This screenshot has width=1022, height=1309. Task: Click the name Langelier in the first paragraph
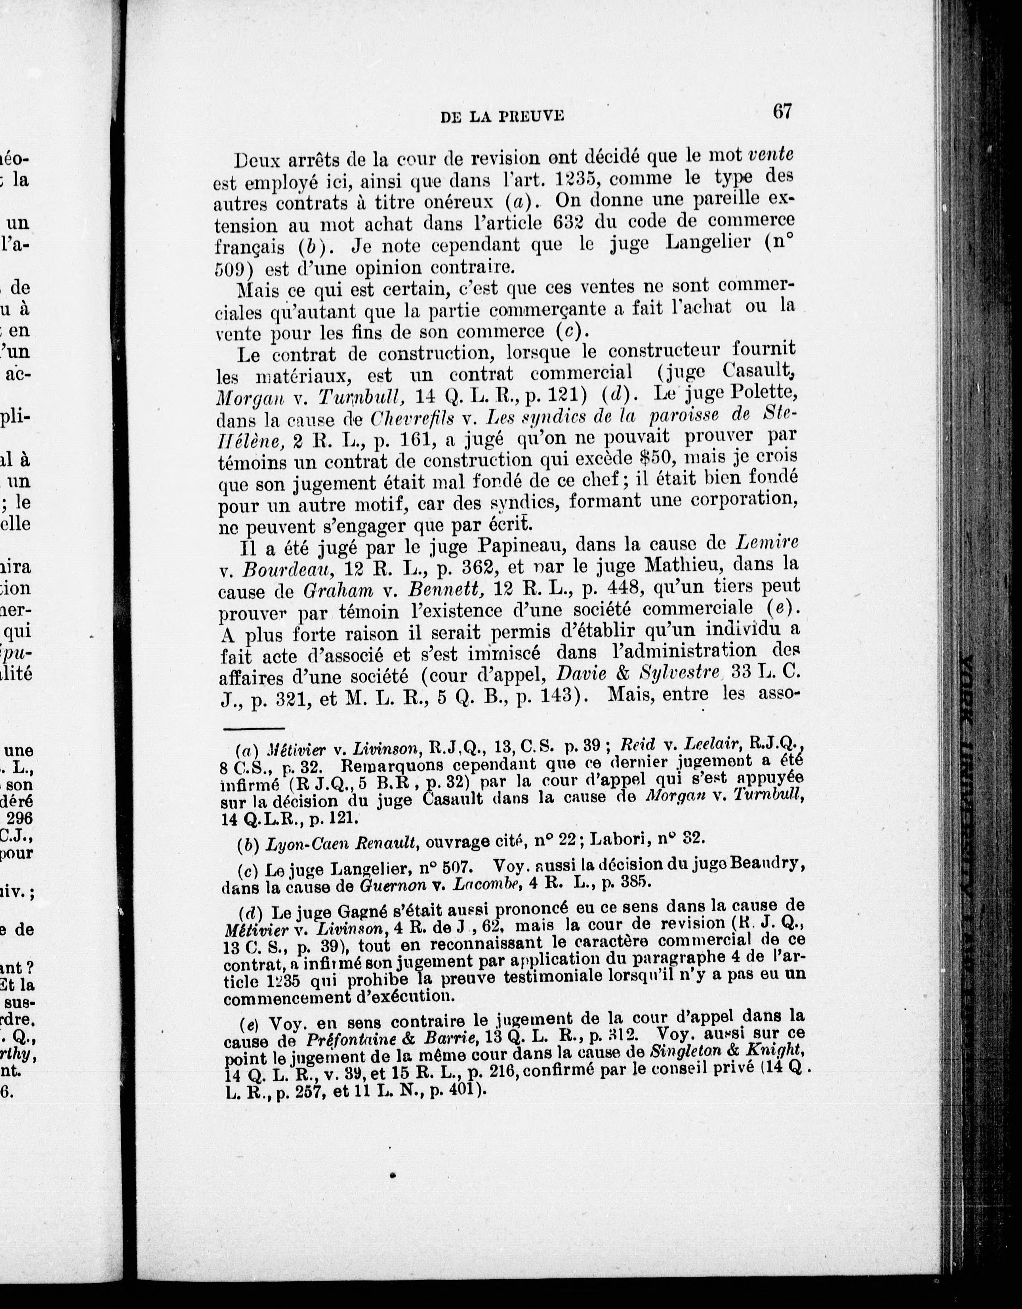(x=695, y=244)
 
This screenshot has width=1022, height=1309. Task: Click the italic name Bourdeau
(x=279, y=568)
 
